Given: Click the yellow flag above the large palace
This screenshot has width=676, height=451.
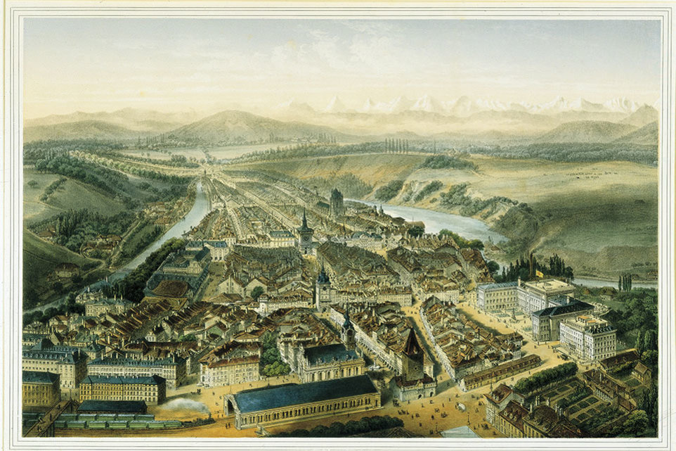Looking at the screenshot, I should (540, 272).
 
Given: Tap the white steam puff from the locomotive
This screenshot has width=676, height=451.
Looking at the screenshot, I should (184, 406).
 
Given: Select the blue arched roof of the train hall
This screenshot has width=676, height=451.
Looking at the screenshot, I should (302, 394).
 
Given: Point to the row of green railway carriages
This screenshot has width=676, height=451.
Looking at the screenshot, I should (112, 424).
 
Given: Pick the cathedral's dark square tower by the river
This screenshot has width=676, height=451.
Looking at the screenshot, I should (337, 202).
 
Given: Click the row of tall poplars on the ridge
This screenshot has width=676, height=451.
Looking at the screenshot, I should (396, 145).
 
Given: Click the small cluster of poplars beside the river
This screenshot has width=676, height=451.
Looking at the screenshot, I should (624, 281).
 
